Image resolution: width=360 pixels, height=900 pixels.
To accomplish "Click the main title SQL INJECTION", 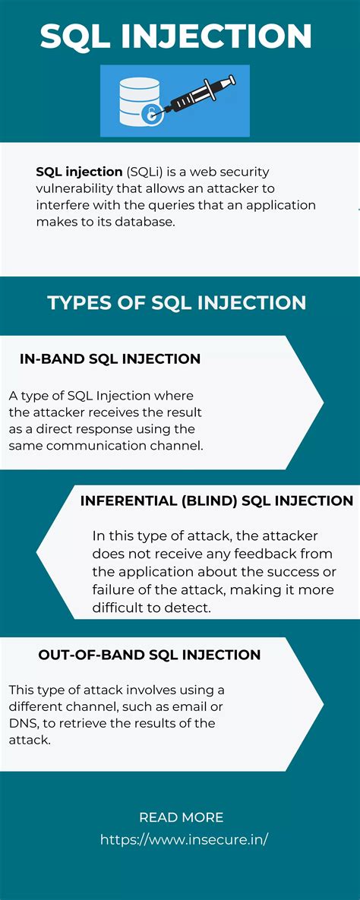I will (x=175, y=36).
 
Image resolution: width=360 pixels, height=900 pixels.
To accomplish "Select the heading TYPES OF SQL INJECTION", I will (x=177, y=302).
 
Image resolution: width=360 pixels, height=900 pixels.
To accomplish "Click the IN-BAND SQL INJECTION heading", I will (x=110, y=359).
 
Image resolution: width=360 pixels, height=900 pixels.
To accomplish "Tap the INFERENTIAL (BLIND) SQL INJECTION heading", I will (x=216, y=501).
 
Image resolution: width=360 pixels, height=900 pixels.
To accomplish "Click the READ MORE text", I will (x=181, y=817).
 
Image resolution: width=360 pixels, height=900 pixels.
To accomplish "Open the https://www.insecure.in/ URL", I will (x=185, y=840).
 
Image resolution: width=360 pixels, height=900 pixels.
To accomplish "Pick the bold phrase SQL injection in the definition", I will (x=79, y=172).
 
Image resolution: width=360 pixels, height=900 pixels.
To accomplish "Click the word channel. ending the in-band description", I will (x=178, y=446).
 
